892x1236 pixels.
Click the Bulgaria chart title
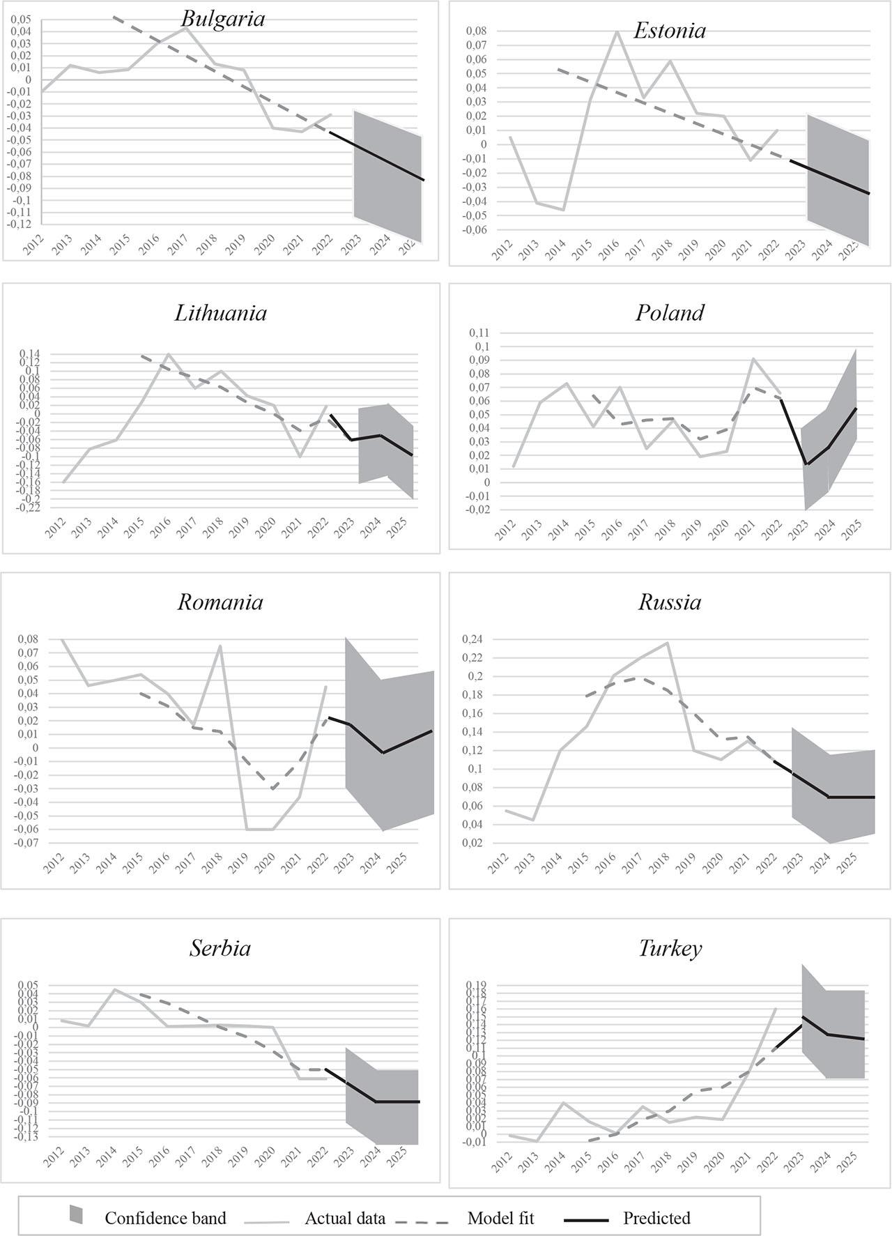coord(223,18)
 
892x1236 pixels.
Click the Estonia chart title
coord(670,31)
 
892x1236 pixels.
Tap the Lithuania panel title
coord(220,312)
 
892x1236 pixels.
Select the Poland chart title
coord(670,312)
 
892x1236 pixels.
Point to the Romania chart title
coord(220,602)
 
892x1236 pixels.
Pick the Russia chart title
coord(670,602)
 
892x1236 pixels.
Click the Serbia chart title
coord(220,948)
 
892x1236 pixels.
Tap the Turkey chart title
coord(670,948)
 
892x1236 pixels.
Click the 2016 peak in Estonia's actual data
coord(617,31)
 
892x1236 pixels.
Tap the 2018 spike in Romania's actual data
coord(220,646)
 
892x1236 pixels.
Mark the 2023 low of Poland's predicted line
coord(806,464)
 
